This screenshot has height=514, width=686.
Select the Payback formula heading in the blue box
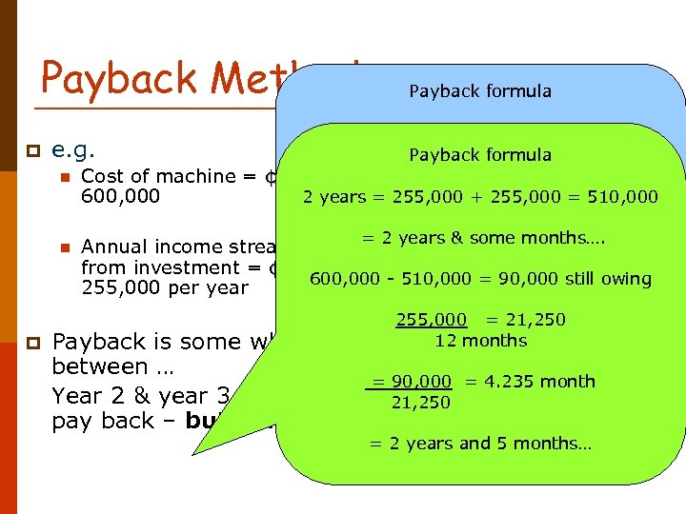click(480, 91)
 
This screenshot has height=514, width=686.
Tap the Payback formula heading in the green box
click(480, 154)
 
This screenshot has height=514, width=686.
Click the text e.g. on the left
click(72, 150)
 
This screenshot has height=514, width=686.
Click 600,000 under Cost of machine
click(120, 196)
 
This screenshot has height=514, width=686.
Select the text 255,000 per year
click(164, 287)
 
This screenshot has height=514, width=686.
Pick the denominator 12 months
click(480, 340)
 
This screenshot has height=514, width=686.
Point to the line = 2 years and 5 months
click(480, 444)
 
